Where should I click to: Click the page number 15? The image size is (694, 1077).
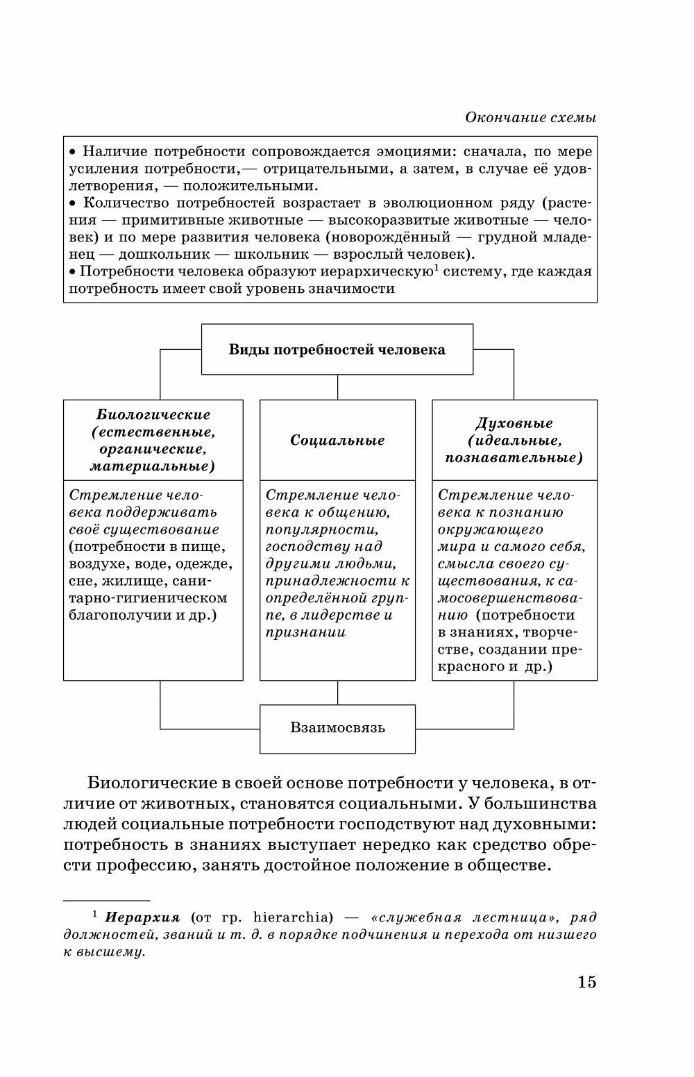click(x=586, y=982)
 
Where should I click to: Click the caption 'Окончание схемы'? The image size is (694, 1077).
click(x=531, y=117)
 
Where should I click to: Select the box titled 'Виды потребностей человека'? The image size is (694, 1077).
click(x=337, y=349)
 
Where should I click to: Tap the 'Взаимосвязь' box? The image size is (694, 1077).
click(x=337, y=728)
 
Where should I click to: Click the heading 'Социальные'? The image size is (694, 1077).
click(x=337, y=440)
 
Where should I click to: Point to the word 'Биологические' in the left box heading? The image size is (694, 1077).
click(x=153, y=414)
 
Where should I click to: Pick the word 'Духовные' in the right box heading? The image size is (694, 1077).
click(x=514, y=423)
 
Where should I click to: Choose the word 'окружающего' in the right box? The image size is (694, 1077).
click(x=490, y=529)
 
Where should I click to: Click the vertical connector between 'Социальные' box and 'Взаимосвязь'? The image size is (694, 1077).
click(x=337, y=693)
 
